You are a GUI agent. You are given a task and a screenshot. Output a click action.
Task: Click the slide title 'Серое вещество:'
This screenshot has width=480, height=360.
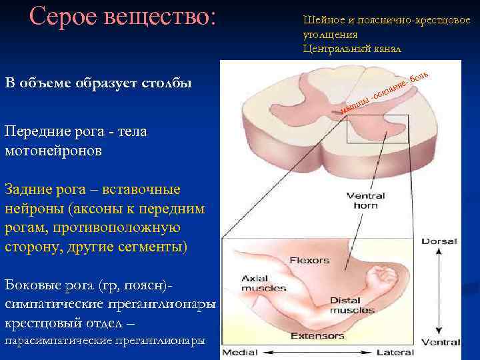pyautogui.click(x=123, y=17)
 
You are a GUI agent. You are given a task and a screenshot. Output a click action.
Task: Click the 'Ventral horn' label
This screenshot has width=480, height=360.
pyautogui.click(x=362, y=201)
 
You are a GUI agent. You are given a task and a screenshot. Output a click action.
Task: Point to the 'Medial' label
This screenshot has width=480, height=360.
pyautogui.click(x=239, y=352)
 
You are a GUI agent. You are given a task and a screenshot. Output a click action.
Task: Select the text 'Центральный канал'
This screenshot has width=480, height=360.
pyautogui.click(x=352, y=49)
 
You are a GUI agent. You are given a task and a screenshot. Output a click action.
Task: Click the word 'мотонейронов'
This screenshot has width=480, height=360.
pyautogui.click(x=53, y=151)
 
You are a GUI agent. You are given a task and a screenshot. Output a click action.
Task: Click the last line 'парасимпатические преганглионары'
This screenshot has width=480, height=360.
pyautogui.click(x=105, y=341)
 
